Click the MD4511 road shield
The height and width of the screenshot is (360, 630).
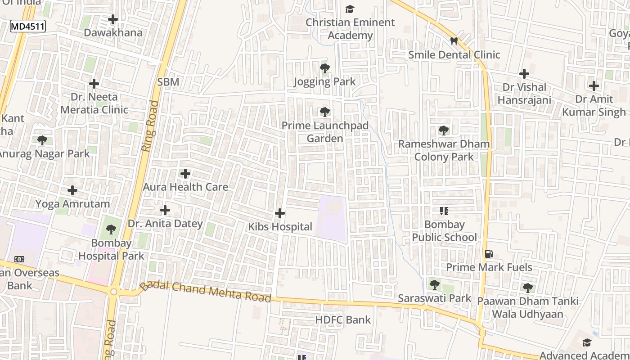pos(28,26)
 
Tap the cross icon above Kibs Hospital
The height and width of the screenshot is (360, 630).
pos(280,213)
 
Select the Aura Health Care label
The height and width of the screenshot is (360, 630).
pos(185,187)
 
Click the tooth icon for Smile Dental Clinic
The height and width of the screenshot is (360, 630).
pos(454,41)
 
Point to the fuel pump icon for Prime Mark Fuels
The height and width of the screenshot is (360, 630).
pos(489,254)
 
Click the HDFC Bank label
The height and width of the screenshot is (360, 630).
pos(343,320)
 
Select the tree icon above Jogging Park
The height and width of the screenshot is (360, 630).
pos(324,68)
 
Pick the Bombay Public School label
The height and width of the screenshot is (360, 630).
pos(444,231)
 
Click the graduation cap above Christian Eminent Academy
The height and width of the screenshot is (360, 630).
pos(350,9)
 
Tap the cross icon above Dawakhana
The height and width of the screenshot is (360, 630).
pos(113,19)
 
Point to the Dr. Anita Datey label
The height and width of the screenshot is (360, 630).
pos(165,224)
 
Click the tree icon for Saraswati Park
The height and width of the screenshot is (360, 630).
pos(434,284)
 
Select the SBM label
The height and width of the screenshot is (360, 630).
pos(168,82)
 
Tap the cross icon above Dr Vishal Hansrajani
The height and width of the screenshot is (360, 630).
pos(524,74)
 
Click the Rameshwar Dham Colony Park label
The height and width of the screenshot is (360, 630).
pos(444,150)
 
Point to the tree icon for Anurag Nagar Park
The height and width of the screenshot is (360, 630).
pos(42,140)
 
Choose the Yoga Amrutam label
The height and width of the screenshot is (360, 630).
pos(72,204)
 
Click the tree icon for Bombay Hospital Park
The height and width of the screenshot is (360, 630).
pos(111,229)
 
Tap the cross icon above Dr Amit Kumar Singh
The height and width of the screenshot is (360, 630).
pos(594,85)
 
